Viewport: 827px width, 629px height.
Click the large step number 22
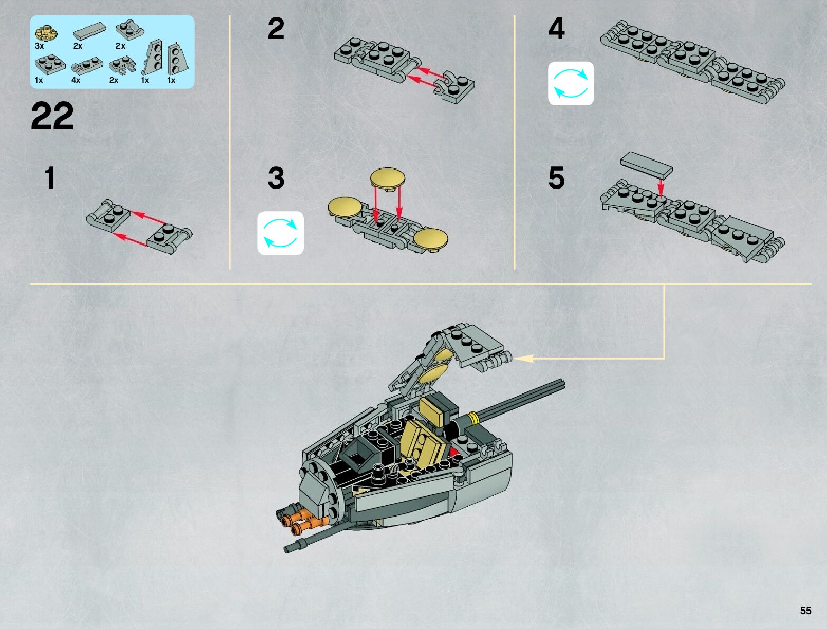(x=52, y=116)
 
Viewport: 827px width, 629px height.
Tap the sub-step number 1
(x=50, y=178)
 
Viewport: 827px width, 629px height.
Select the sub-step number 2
(x=276, y=29)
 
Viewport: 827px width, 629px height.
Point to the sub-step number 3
(x=276, y=178)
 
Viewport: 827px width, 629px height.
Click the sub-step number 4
(x=556, y=29)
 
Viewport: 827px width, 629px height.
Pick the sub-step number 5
(x=556, y=178)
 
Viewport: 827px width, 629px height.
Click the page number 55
(x=805, y=611)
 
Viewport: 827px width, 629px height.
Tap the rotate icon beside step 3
(x=281, y=233)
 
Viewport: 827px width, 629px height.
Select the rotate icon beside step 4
(x=571, y=83)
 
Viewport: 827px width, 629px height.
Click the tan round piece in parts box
(x=46, y=33)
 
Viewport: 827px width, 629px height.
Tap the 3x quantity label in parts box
(x=39, y=46)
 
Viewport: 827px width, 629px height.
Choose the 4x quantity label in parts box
(x=76, y=80)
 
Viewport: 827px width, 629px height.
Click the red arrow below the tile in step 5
(x=660, y=186)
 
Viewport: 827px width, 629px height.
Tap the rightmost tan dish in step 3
(x=431, y=238)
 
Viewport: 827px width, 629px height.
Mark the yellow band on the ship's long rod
(x=475, y=418)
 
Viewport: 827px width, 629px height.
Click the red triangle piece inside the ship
(x=453, y=453)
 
